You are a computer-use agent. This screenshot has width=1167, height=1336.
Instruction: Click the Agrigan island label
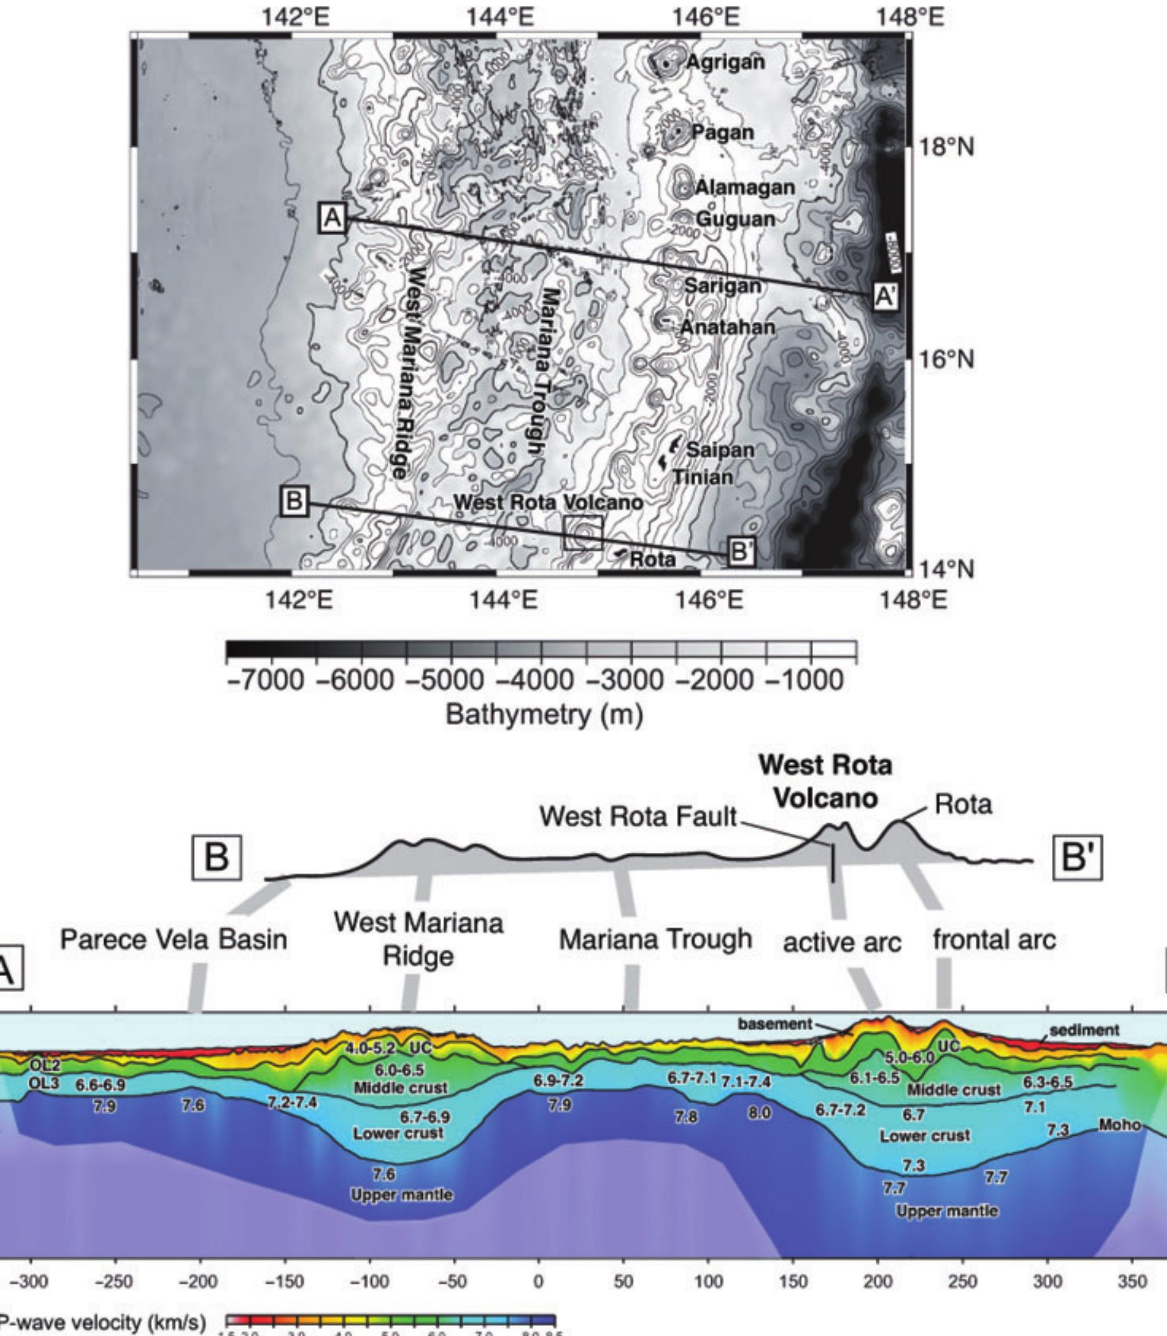point(725,62)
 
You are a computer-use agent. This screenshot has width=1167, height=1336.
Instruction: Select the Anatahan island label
point(727,327)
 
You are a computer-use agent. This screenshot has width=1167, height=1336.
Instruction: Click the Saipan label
point(720,450)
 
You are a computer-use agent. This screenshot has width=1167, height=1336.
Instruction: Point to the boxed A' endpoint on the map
point(885,296)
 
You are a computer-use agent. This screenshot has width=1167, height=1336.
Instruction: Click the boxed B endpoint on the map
point(294,501)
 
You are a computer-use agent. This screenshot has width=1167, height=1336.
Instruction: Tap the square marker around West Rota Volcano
point(583,533)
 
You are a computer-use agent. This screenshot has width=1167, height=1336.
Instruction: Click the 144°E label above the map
point(500,17)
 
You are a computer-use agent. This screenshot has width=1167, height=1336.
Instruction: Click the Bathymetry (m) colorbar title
point(545,715)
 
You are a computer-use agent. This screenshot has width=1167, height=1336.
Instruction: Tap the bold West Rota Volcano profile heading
point(825,782)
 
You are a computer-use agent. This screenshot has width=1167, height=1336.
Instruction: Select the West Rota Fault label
point(638,816)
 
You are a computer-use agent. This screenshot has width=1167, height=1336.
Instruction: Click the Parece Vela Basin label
point(174,939)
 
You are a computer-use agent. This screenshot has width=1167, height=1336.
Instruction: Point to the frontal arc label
point(993,940)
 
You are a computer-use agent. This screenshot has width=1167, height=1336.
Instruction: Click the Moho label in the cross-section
point(1119,1125)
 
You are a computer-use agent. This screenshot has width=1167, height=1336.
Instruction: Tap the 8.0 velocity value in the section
point(759,1113)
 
